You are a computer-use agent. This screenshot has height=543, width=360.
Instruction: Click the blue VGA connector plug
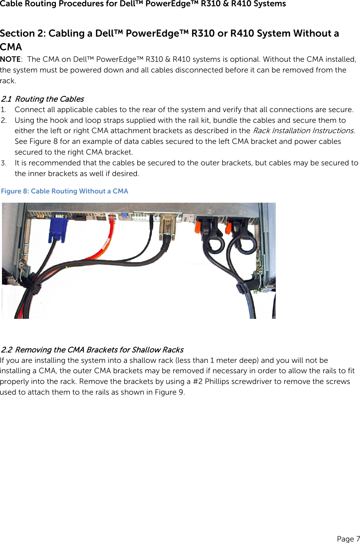click(58, 229)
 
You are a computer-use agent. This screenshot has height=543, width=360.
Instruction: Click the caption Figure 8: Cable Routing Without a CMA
click(64, 191)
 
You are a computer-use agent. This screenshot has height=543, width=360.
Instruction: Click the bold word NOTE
click(10, 59)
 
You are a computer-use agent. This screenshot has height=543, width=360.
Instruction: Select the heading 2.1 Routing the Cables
click(42, 99)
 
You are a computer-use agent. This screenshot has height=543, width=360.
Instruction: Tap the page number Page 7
click(348, 539)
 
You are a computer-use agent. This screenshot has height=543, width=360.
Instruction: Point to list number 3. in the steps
click(4, 163)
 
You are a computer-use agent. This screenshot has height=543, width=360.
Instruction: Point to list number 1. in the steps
click(3, 110)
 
